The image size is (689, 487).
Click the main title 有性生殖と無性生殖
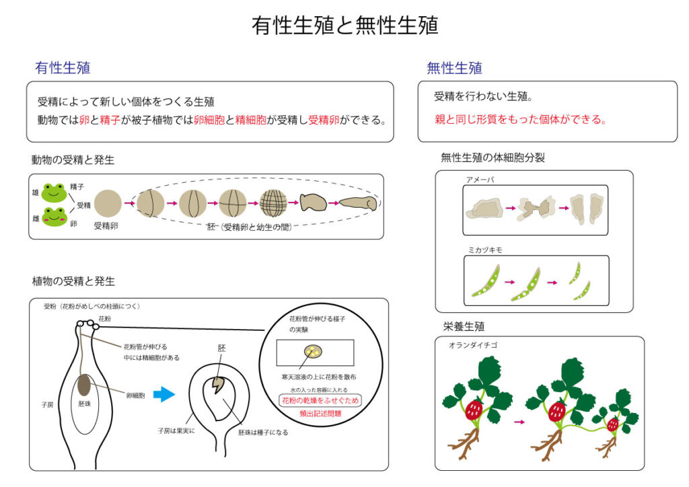point(344,26)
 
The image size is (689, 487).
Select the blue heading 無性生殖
point(454,68)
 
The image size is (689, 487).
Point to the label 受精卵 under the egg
point(106,227)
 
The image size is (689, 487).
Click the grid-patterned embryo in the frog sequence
point(273,202)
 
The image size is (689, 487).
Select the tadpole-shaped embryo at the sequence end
point(357,202)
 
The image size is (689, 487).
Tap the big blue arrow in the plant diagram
point(164,396)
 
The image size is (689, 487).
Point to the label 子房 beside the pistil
point(46,406)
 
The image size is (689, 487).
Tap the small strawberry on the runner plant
point(612,424)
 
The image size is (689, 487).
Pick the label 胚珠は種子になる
point(262,433)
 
